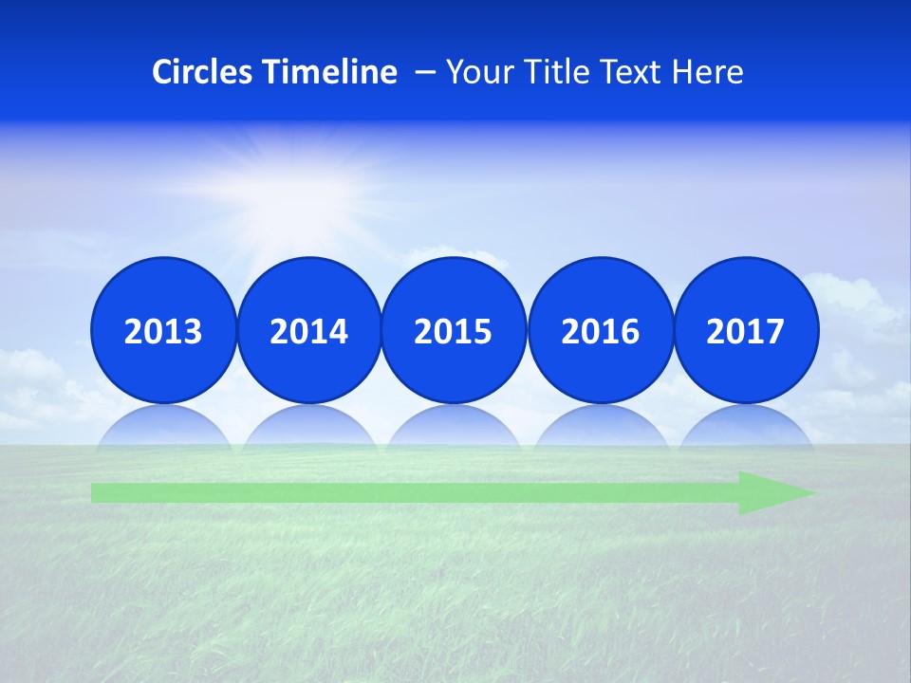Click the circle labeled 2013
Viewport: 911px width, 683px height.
click(x=163, y=330)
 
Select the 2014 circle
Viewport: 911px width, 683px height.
click(x=308, y=330)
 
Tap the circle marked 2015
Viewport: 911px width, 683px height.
click(x=454, y=330)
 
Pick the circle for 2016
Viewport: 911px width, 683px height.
click(x=600, y=330)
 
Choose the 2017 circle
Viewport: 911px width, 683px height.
click(x=745, y=330)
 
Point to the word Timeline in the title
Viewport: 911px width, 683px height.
click(x=331, y=72)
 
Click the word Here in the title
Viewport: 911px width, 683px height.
click(x=707, y=72)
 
